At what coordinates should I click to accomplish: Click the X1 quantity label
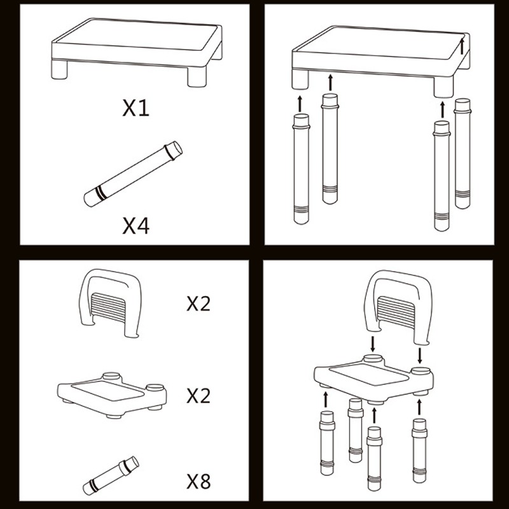(136, 108)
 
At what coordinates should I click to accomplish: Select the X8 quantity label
(199, 481)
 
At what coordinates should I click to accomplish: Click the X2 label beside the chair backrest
(199, 303)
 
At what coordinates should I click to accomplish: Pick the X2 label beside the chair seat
(199, 395)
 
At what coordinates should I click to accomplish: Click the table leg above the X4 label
(133, 174)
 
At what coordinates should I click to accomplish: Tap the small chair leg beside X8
(111, 475)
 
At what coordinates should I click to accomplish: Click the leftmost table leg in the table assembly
(301, 169)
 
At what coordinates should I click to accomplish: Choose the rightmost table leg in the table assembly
(463, 153)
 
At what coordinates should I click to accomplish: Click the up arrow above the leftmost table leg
(300, 104)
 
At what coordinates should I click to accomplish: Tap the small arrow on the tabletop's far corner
(463, 46)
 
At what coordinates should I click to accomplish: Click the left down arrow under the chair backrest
(373, 344)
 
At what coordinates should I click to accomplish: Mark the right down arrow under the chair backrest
(420, 356)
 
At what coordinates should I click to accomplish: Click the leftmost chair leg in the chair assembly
(327, 443)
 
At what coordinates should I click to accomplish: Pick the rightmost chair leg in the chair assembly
(419, 450)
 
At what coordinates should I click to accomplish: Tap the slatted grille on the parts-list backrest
(109, 307)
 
